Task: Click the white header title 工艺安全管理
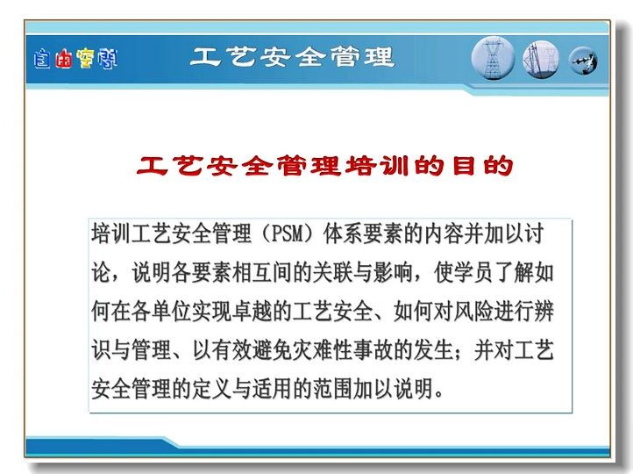(x=292, y=57)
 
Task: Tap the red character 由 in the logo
(x=64, y=59)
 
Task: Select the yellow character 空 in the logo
(x=85, y=59)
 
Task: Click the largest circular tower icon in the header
(x=493, y=58)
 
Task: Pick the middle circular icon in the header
(x=541, y=60)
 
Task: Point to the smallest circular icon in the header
(x=583, y=61)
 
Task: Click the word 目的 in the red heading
(x=482, y=166)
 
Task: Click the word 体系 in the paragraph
(x=342, y=234)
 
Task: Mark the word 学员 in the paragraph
(x=473, y=273)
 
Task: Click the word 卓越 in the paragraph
(x=252, y=312)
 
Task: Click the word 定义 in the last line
(x=212, y=389)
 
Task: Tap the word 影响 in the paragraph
(x=393, y=273)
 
